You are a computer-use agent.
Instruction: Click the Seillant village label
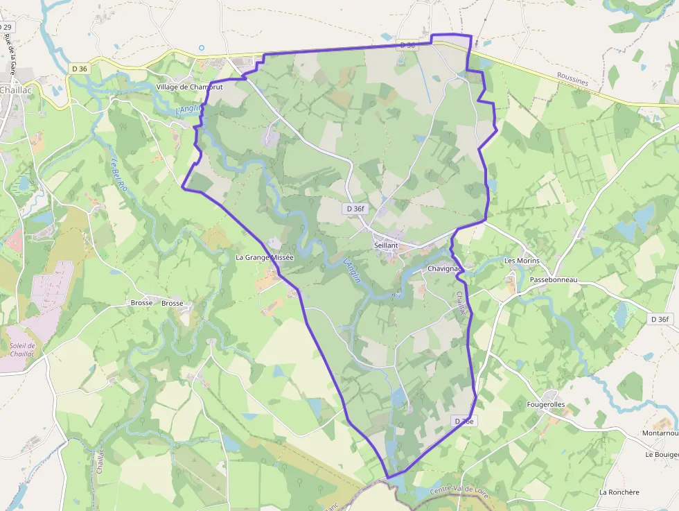[x=386, y=246]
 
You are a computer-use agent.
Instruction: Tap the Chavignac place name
[x=445, y=268]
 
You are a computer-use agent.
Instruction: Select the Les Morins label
[x=520, y=261]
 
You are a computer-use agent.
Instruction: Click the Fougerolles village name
[x=546, y=404]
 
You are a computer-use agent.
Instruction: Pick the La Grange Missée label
[x=265, y=257]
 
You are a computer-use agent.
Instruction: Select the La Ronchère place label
[x=619, y=492]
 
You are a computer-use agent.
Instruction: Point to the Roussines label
[x=572, y=81]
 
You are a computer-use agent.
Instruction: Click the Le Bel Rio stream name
[x=119, y=176]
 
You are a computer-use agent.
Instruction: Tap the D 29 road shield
[x=6, y=27]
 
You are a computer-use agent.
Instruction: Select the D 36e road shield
[x=464, y=422]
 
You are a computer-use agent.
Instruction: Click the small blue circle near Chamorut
[x=202, y=48]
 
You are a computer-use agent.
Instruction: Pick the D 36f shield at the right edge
[x=661, y=319]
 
